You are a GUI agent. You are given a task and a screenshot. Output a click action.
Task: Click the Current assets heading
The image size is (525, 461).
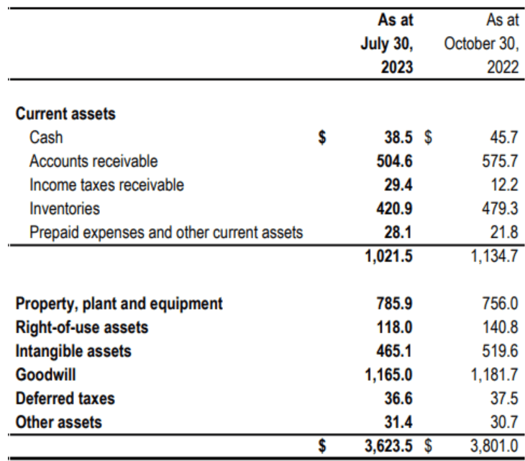pos(65,114)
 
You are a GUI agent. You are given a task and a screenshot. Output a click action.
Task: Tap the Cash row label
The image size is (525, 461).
pos(46,137)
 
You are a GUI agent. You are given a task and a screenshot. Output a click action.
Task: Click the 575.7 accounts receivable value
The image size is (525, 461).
pos(501,161)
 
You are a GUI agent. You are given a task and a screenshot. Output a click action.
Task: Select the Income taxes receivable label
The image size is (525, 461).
pos(106,185)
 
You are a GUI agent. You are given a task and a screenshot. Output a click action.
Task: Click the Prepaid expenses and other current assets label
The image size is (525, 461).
pos(166,233)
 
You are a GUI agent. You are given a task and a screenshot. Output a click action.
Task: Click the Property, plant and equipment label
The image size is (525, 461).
pos(119,303)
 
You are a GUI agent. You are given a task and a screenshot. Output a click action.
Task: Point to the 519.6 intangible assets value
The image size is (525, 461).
pos(501,351)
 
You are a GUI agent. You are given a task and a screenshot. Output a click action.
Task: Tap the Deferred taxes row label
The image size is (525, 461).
pos(65,398)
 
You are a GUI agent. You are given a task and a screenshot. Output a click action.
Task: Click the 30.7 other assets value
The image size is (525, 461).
pos(505,422)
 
